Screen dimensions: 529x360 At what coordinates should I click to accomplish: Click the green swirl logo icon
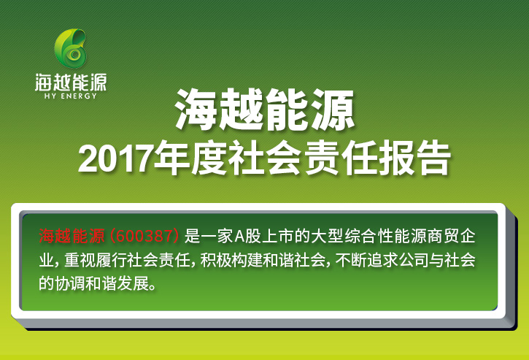(70, 48)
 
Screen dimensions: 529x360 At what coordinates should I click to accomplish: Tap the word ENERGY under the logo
(79, 96)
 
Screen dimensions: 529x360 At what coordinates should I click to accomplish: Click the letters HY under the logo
(50, 96)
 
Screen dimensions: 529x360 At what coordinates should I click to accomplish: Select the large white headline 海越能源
(265, 110)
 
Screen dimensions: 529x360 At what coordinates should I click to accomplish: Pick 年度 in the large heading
(190, 158)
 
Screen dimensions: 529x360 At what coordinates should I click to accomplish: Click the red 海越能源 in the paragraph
(72, 236)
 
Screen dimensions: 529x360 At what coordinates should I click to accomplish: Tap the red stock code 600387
(144, 236)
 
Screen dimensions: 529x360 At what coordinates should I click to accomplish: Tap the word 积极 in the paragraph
(216, 260)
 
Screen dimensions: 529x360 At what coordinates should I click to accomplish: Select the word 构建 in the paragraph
(248, 260)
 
